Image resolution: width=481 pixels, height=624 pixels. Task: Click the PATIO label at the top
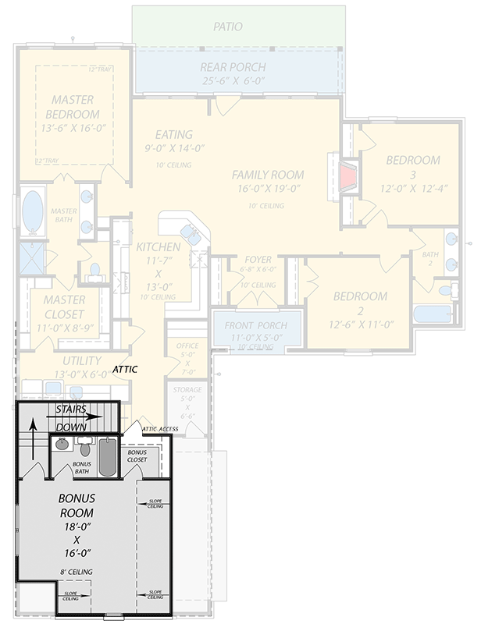[x=228, y=27]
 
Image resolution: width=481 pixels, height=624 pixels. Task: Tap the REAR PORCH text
[x=233, y=67]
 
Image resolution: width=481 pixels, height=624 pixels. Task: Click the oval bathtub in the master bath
[x=32, y=212]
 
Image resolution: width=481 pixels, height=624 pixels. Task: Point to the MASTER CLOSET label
[x=64, y=307]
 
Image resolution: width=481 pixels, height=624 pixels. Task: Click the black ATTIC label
[x=125, y=367]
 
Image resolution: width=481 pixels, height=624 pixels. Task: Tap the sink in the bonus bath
[x=62, y=445]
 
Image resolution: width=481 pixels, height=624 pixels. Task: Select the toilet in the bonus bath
[x=85, y=448]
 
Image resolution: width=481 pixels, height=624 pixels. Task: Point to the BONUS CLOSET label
[x=137, y=456]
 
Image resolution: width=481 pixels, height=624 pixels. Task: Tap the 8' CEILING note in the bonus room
[x=76, y=572]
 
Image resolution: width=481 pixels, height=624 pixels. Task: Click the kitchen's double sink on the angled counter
[x=190, y=232]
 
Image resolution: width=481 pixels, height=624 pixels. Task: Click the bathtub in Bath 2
[x=430, y=315]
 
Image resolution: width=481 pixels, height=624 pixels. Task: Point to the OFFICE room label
[x=187, y=346]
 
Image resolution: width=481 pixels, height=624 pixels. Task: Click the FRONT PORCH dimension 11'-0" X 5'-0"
[x=255, y=337]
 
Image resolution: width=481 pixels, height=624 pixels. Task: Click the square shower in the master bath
[x=32, y=259]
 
